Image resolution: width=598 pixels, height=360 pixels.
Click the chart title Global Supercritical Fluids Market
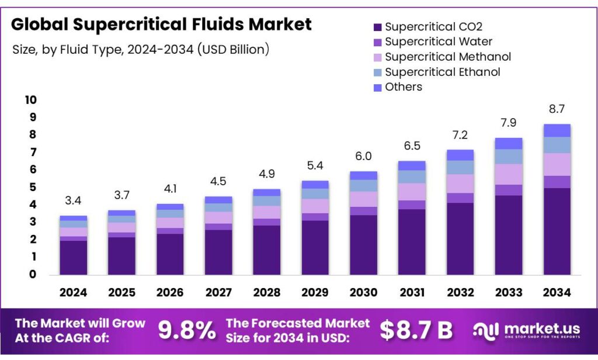[161, 25]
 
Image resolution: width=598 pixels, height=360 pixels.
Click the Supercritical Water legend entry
[438, 41]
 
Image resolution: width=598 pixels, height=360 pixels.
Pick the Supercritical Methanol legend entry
[447, 57]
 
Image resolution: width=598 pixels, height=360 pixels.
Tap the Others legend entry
[403, 87]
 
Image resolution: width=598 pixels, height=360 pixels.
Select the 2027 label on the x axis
[218, 292]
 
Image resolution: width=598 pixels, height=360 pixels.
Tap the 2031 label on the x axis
[412, 292]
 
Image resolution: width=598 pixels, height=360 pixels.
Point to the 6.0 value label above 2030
[363, 157]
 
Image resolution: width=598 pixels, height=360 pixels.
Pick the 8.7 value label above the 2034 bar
[557, 109]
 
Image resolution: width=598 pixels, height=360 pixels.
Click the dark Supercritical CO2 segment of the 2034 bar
[557, 231]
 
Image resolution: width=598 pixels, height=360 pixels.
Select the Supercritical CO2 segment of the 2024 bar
[73, 257]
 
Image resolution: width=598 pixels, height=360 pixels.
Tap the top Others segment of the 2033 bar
[508, 143]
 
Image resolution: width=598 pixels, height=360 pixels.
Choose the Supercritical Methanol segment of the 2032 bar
[460, 184]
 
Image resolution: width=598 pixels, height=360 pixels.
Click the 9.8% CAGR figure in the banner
[187, 331]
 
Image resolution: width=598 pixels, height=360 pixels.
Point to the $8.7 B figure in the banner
[416, 331]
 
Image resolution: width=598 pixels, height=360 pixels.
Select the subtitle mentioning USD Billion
[141, 50]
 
